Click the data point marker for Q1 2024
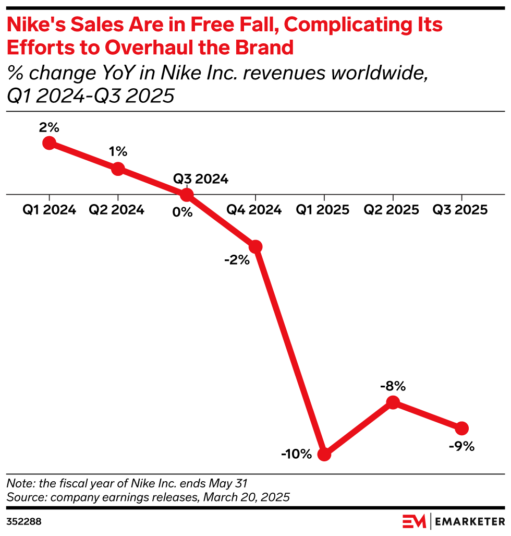pyautogui.click(x=49, y=142)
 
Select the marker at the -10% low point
pyautogui.click(x=324, y=454)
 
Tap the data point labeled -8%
pyautogui.click(x=393, y=402)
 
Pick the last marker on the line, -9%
pyautogui.click(x=462, y=428)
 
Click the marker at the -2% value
pyautogui.click(x=256, y=246)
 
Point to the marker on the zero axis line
pyautogui.click(x=187, y=195)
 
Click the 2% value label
pyautogui.click(x=49, y=127)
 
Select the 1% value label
pyautogui.click(x=118, y=152)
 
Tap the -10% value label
pyautogui.click(x=296, y=454)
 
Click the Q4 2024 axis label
pyautogui.click(x=256, y=210)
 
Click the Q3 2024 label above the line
pyautogui.click(x=201, y=179)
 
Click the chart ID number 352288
pyautogui.click(x=24, y=521)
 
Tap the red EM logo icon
pyautogui.click(x=415, y=521)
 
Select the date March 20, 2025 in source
pyautogui.click(x=245, y=497)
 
